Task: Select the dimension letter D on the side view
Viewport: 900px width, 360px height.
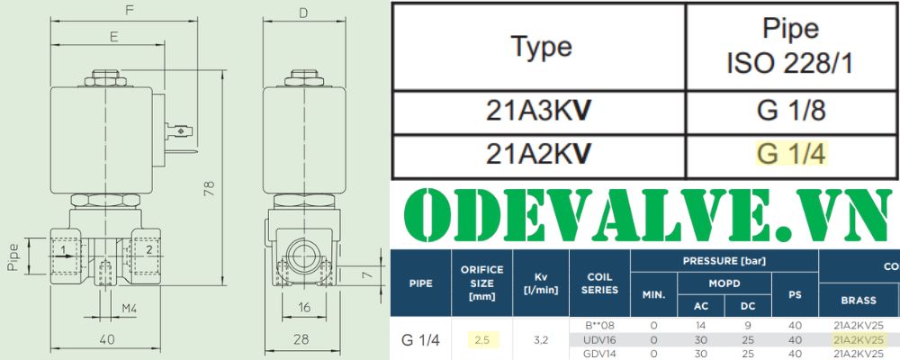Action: tap(302, 13)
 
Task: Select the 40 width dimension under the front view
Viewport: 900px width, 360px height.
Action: tap(108, 339)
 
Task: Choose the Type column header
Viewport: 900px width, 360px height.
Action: tap(541, 46)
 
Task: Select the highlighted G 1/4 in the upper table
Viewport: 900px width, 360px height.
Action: tap(792, 154)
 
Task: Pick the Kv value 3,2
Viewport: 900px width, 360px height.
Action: tap(541, 340)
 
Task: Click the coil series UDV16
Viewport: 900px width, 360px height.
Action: tap(599, 340)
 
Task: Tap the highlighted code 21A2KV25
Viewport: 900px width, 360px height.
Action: tap(859, 340)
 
